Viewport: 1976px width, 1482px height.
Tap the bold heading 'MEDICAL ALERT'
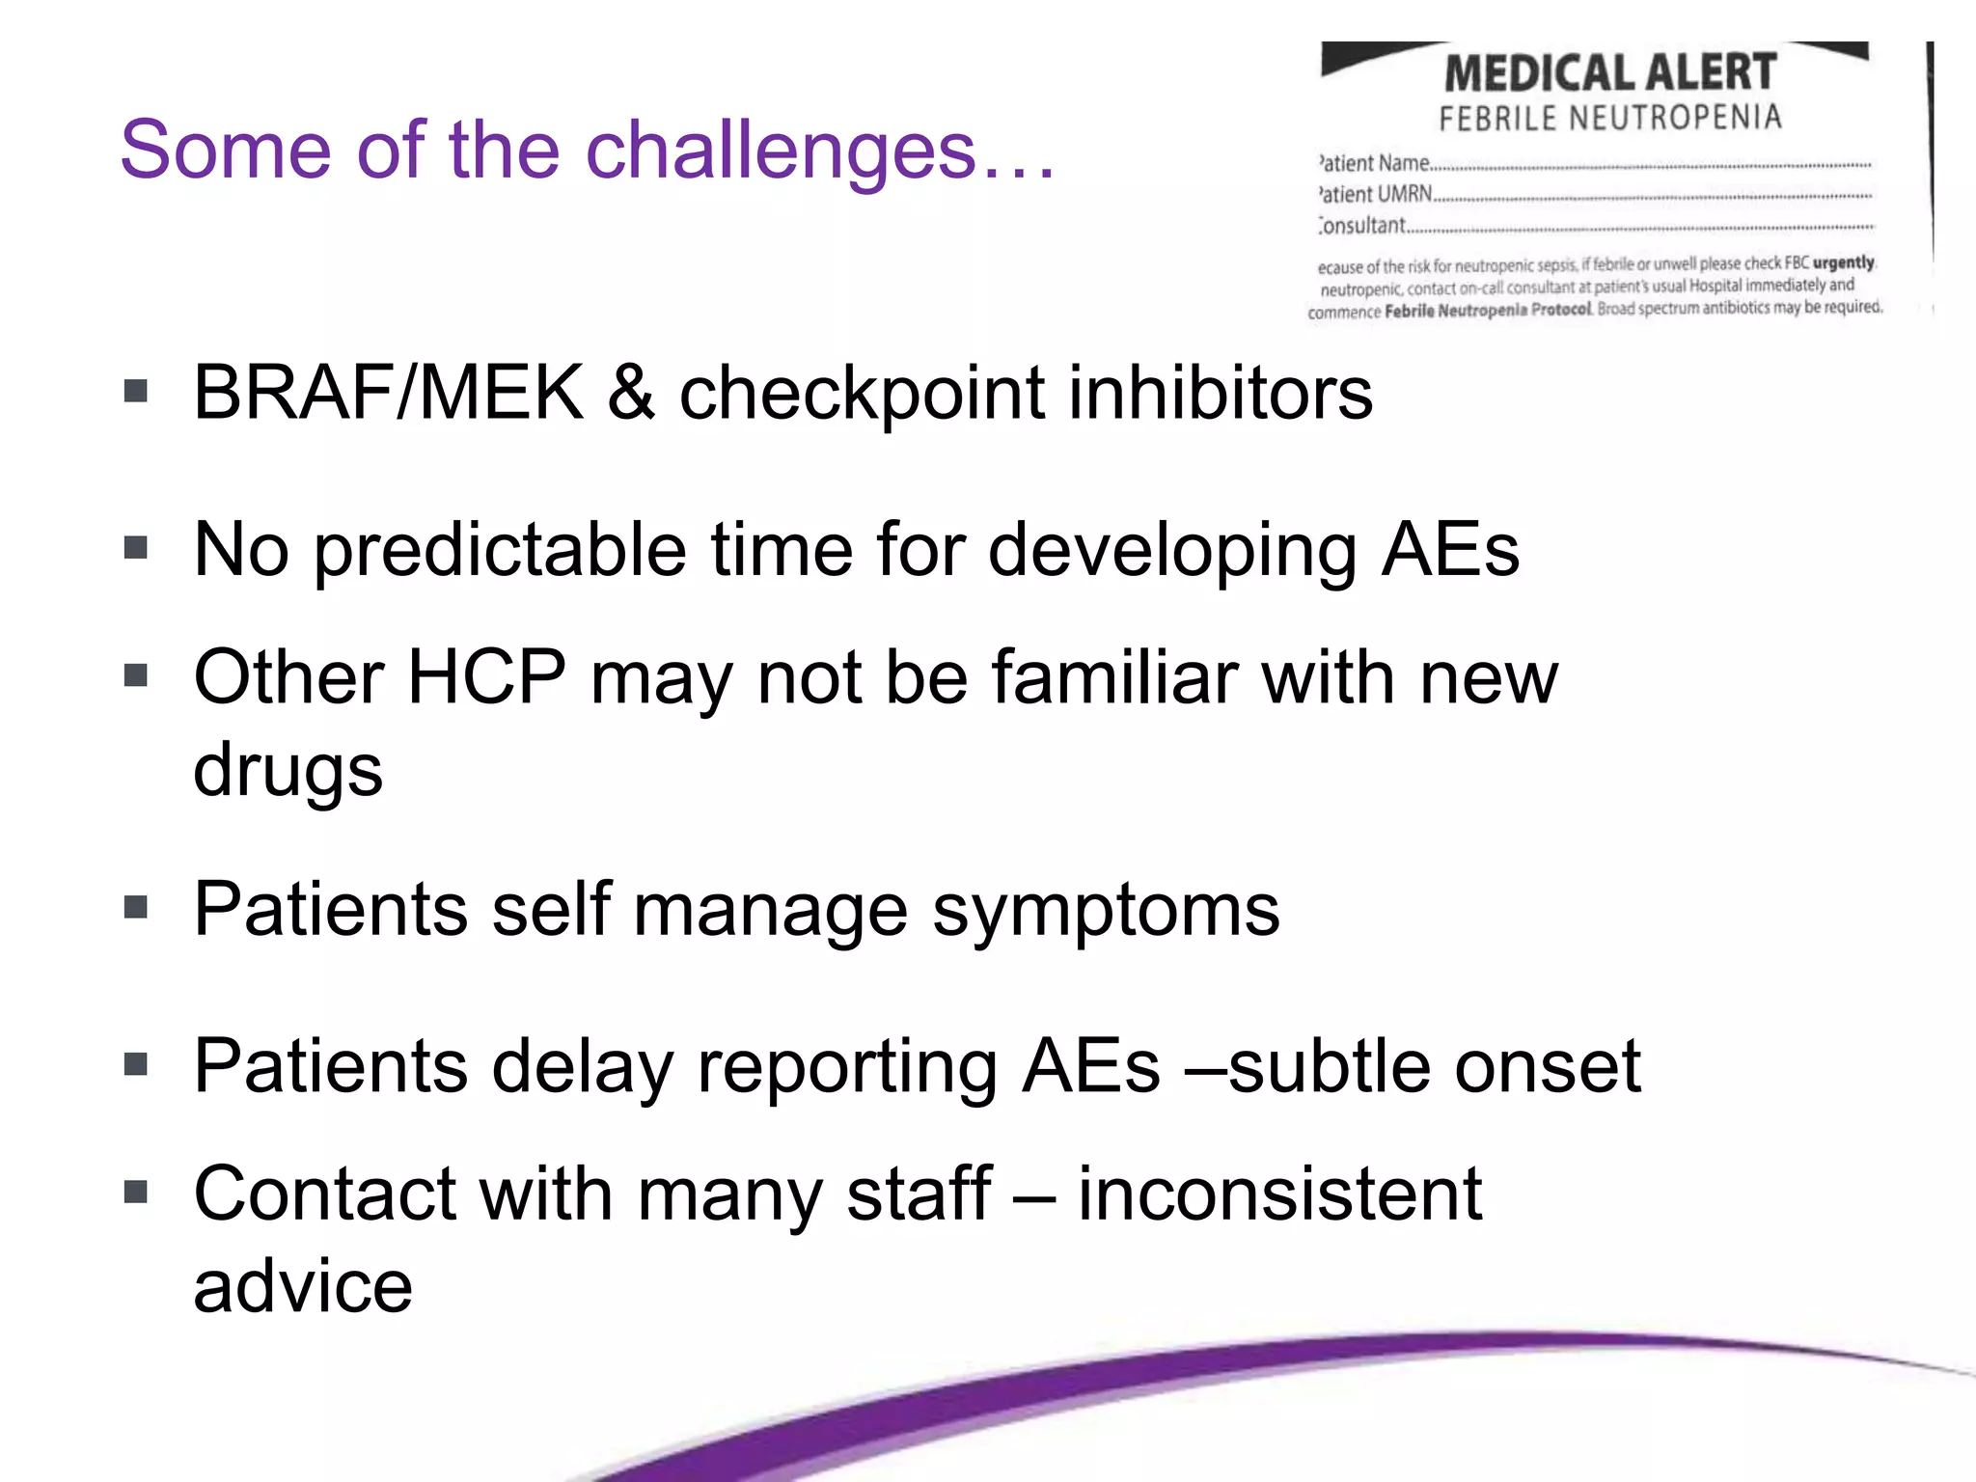tap(1609, 73)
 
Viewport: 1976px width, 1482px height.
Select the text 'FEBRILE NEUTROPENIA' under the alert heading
tap(1609, 119)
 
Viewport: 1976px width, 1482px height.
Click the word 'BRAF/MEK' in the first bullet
tap(388, 393)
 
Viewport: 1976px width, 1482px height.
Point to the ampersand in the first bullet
tap(631, 393)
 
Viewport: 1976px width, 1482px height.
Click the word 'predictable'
tap(500, 550)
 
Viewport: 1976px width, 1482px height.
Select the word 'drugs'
tap(288, 770)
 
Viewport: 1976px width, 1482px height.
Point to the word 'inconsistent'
tap(1279, 1194)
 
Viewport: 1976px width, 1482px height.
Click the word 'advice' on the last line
tap(303, 1286)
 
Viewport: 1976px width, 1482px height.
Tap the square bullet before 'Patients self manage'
tap(136, 908)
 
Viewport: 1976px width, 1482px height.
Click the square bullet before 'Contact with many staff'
tap(136, 1193)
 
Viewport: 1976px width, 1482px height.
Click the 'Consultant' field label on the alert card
tap(1362, 226)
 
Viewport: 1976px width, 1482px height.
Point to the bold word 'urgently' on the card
tap(1843, 262)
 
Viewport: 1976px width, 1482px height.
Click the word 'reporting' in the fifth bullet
tap(847, 1066)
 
